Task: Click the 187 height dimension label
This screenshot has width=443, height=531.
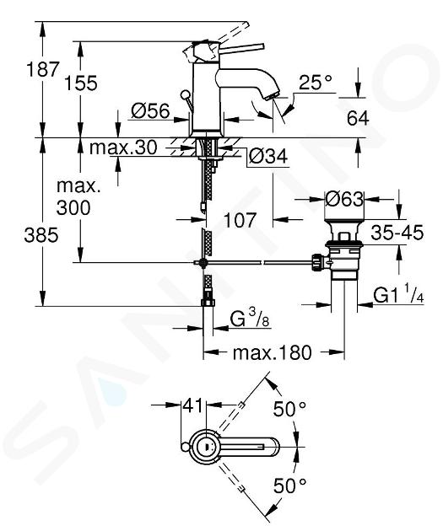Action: pyautogui.click(x=43, y=69)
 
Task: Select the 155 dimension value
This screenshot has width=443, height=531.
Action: pyautogui.click(x=81, y=83)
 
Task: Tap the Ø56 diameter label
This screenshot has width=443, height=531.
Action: pyautogui.click(x=150, y=110)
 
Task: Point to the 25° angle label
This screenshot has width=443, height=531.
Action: pyautogui.click(x=316, y=82)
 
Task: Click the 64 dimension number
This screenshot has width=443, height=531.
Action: pyautogui.click(x=358, y=118)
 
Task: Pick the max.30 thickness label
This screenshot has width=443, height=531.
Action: pyautogui.click(x=123, y=147)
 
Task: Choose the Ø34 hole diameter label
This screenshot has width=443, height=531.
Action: pyautogui.click(x=268, y=156)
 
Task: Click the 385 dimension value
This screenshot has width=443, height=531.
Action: pyautogui.click(x=41, y=234)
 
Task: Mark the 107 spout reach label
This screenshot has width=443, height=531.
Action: pyautogui.click(x=240, y=220)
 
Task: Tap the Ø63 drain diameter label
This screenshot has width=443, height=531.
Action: pyautogui.click(x=344, y=199)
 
